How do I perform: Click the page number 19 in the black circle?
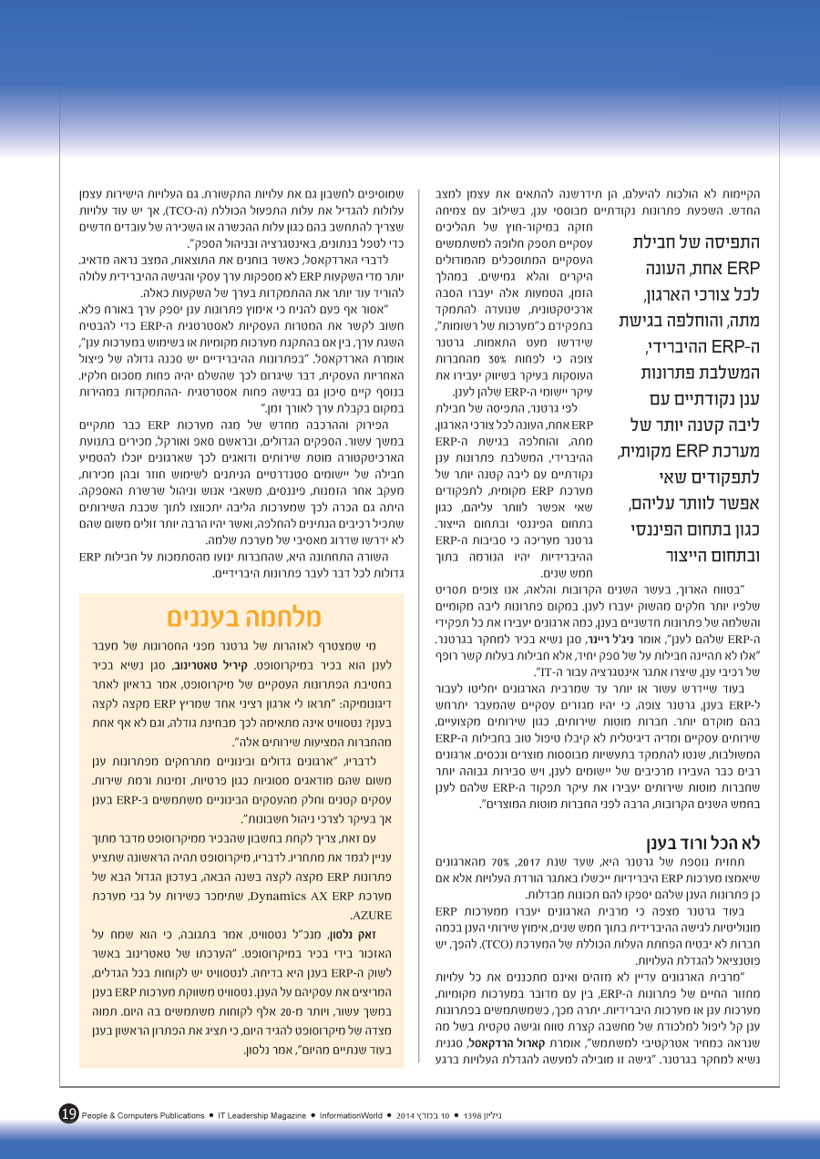(x=69, y=1113)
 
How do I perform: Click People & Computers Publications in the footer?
(x=143, y=1115)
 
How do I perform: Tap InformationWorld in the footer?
(x=376, y=1115)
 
